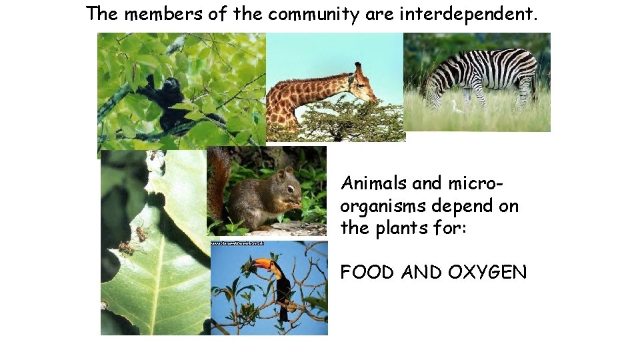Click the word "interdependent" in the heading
click(467, 14)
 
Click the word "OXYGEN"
click(487, 273)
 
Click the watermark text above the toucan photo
click(238, 244)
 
